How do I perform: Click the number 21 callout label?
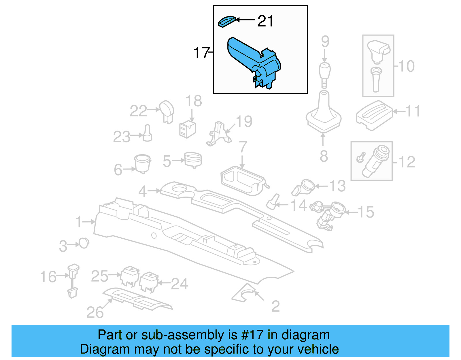pos(265,21)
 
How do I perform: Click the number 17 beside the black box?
pos(201,53)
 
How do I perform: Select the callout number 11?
pos(413,111)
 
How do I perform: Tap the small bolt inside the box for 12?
pos(360,157)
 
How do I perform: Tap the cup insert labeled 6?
pos(142,163)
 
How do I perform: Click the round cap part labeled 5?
pos(193,160)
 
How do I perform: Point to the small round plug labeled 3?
pos(84,244)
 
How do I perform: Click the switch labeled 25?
pos(130,276)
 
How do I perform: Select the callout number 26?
pos(95,312)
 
